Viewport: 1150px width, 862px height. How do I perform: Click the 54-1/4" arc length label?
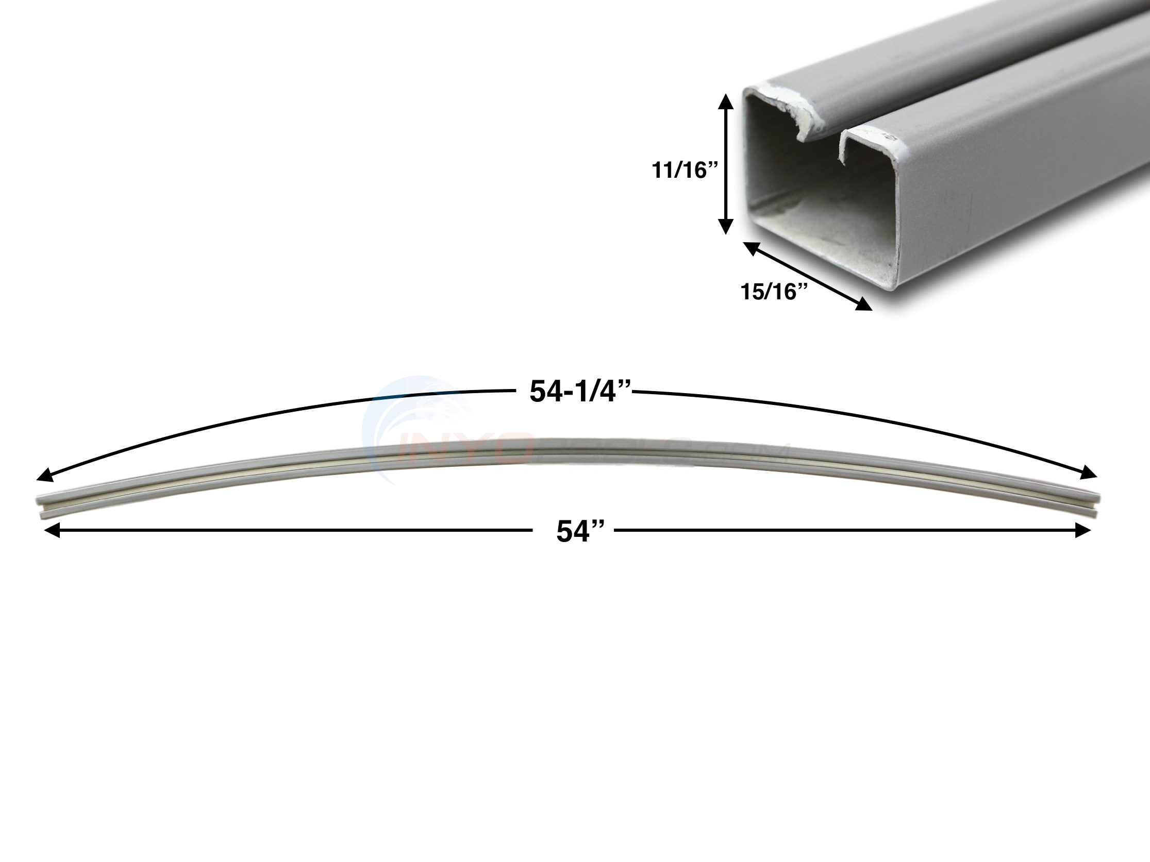tap(580, 391)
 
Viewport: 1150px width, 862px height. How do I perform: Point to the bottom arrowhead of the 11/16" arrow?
tap(726, 227)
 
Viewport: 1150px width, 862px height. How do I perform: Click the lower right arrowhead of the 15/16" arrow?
tap(863, 305)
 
